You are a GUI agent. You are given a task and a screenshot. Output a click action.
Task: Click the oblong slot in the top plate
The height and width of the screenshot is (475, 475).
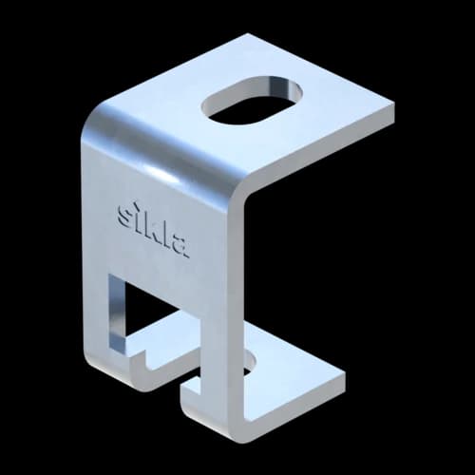coord(252,102)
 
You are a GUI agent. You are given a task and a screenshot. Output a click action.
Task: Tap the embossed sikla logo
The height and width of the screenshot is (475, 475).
coord(154,229)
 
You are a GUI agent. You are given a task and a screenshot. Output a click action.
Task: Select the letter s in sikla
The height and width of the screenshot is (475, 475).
coord(123,215)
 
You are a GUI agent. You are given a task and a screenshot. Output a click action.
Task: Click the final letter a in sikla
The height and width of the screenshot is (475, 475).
coord(181,246)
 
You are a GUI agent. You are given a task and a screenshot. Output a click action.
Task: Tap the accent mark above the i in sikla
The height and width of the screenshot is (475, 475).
coord(136,203)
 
